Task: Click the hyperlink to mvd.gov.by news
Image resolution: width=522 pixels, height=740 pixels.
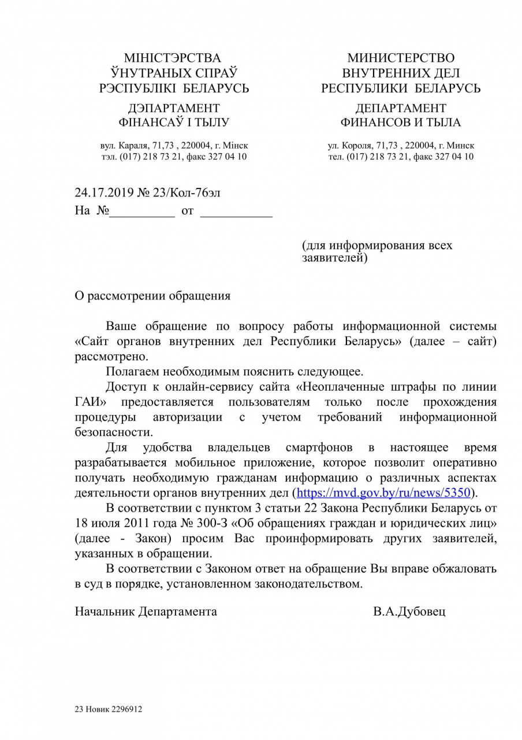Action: click(385, 493)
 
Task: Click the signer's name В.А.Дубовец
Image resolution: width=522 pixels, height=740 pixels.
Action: click(409, 612)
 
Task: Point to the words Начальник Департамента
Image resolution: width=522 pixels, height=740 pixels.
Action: click(146, 612)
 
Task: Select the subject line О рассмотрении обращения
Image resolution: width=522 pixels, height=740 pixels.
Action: click(152, 296)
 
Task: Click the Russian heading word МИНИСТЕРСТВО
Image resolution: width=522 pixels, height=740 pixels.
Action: click(401, 58)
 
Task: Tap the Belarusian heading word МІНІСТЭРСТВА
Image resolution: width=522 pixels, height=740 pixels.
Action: click(173, 58)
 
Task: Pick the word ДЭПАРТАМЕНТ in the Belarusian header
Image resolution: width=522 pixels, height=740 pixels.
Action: click(173, 108)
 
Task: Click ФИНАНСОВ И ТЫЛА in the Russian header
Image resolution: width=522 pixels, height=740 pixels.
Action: click(401, 123)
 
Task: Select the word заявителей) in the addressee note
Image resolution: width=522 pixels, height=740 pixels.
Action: click(334, 258)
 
